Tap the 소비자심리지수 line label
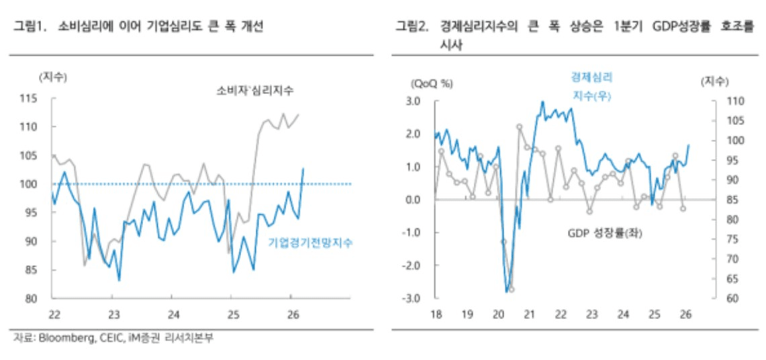click(256, 90)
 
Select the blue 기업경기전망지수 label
click(310, 242)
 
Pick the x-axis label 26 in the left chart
click(292, 314)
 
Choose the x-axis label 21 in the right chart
click(529, 314)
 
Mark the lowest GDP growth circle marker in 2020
click(512, 289)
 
